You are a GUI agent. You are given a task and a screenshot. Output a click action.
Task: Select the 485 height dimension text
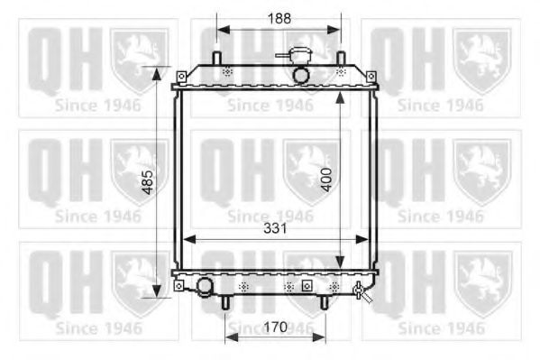click(x=146, y=184)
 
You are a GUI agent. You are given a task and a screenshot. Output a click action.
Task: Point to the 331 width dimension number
click(x=274, y=229)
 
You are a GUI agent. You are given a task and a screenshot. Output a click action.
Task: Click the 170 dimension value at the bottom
click(x=277, y=327)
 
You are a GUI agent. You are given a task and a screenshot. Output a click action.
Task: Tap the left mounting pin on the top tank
click(x=217, y=59)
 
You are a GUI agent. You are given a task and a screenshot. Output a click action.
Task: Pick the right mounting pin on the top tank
click(x=341, y=59)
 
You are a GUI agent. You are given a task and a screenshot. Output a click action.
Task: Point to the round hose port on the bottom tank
click(x=206, y=289)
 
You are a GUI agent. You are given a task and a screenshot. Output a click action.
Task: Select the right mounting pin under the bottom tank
click(x=325, y=303)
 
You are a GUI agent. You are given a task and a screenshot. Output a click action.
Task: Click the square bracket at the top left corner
click(x=178, y=73)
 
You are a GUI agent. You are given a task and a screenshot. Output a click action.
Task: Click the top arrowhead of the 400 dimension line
click(x=339, y=93)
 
